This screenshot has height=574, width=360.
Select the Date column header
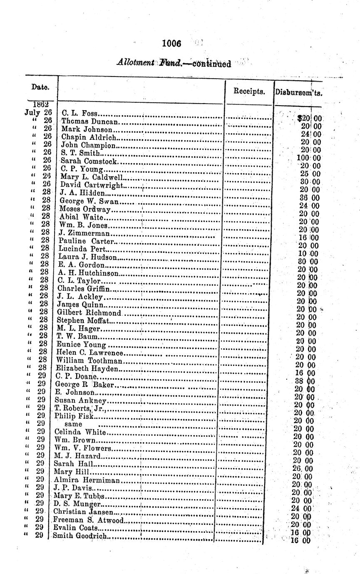click(x=40, y=87)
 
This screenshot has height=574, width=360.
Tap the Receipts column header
click(x=249, y=92)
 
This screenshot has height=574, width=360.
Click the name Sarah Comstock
click(x=89, y=161)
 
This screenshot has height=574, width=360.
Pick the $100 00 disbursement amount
click(x=309, y=158)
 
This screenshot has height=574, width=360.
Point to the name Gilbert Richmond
click(x=89, y=312)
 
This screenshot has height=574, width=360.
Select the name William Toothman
click(x=89, y=360)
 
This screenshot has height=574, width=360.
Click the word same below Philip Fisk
click(x=73, y=424)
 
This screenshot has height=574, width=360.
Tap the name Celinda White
click(x=80, y=432)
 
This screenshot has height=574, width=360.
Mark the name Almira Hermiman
click(x=87, y=480)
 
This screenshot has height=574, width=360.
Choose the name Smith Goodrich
click(x=79, y=536)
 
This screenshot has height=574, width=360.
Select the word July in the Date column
click(x=32, y=112)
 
